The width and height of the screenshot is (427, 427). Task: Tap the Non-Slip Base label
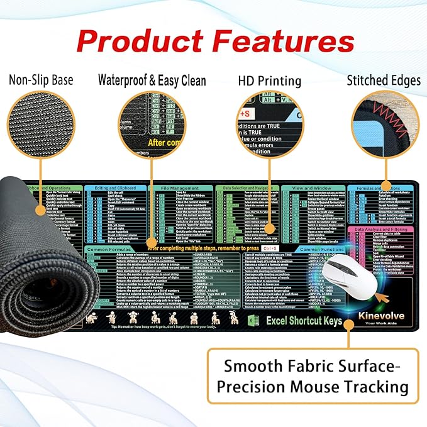coord(41,80)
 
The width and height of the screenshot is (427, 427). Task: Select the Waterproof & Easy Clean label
coord(152,80)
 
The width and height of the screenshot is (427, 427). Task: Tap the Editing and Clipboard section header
coord(115,188)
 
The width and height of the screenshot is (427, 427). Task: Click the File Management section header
coord(180,188)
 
